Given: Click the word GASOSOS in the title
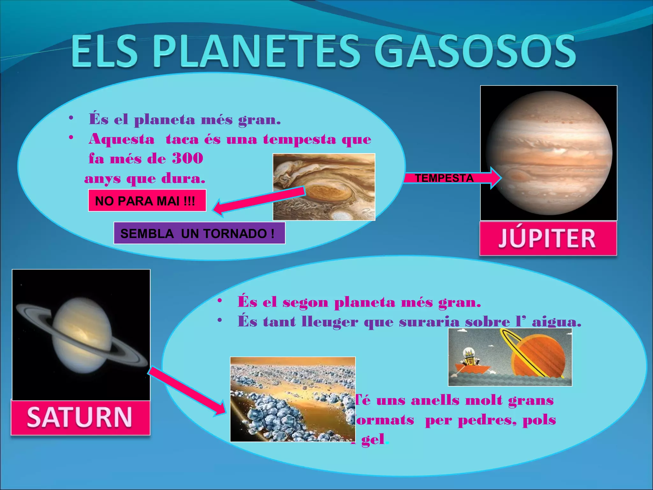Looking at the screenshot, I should coord(475,52).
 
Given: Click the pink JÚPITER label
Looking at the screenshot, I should coord(547,238).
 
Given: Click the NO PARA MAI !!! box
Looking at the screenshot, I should coord(147,201).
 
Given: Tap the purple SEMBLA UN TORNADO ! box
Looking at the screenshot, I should coord(199,234).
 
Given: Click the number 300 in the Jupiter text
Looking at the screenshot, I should coord(187,158).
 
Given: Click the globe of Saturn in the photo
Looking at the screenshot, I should coord(82,335).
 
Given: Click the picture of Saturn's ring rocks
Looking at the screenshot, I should coord(292,399).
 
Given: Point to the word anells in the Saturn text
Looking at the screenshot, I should coord(435,400).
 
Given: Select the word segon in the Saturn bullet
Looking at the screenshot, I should coord(305,302).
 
